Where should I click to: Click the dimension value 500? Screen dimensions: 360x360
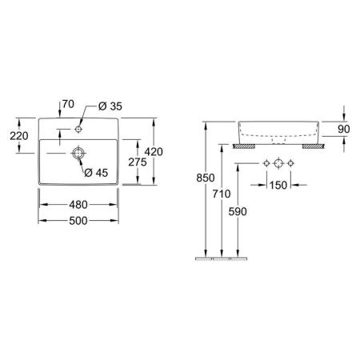(x=78, y=220)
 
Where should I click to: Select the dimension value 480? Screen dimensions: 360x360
(x=78, y=205)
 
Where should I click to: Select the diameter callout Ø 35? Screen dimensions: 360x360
(x=110, y=105)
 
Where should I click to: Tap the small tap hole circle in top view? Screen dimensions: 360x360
(x=79, y=127)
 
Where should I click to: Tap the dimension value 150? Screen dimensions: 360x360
(x=278, y=185)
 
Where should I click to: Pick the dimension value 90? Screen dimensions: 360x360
(x=344, y=130)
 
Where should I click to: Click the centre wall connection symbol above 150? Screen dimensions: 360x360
(x=278, y=163)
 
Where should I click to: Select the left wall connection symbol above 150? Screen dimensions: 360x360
(x=266, y=163)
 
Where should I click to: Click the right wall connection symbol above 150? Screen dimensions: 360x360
(x=292, y=163)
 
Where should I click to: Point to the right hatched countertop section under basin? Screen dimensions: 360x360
(x=311, y=146)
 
